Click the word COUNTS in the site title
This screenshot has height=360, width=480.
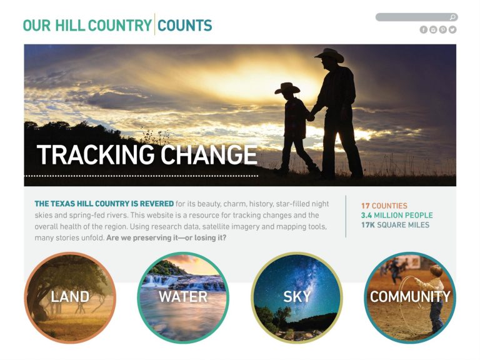point(185,25)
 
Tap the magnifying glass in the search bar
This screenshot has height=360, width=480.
point(452,17)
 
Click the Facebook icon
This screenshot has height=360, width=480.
point(423,30)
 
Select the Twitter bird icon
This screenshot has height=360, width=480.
point(452,30)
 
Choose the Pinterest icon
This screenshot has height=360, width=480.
point(443,30)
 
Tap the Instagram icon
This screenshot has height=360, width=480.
point(433,30)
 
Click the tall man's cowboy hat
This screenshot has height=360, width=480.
point(330,55)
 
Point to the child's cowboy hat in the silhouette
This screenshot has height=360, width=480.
point(287,88)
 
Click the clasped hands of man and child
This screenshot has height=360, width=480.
point(311,117)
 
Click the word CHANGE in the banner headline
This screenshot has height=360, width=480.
point(209,154)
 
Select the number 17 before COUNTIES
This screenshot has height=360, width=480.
point(366,206)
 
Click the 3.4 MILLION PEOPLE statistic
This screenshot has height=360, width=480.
point(397,215)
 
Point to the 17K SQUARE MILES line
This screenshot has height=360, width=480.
point(395,225)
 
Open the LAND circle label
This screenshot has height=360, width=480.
point(70,297)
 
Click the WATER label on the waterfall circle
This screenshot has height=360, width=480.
point(183,297)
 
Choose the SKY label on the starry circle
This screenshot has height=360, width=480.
point(297,297)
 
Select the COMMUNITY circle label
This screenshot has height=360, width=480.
point(410,297)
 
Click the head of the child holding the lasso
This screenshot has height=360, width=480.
point(436,271)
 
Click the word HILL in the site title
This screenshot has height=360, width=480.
point(70,25)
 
